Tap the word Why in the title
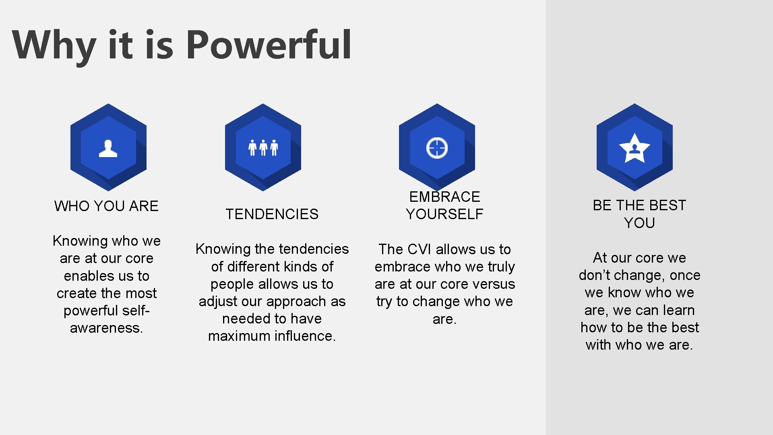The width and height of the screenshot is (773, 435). click(54, 45)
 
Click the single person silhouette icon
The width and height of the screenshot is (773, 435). click(108, 148)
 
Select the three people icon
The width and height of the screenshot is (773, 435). click(263, 148)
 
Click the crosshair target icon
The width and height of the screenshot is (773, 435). click(437, 148)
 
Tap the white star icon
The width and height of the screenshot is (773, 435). click(635, 148)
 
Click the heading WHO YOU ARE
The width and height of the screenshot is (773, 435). click(106, 206)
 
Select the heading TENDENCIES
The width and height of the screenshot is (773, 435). click(272, 214)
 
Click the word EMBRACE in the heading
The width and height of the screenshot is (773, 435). click(444, 197)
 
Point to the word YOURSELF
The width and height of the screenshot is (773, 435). click(444, 214)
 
